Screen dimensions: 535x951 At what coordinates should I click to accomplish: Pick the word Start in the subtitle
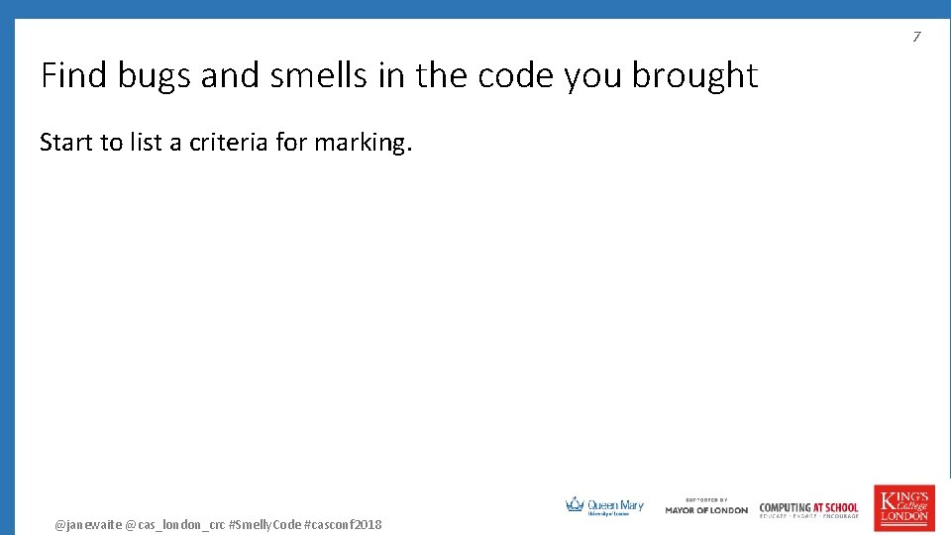click(64, 143)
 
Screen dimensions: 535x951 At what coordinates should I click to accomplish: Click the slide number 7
click(916, 37)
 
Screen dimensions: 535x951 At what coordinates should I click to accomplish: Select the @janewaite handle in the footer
click(87, 524)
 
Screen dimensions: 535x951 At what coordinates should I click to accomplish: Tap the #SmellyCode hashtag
click(264, 524)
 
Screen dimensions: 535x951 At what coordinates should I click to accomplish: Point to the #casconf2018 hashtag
click(342, 524)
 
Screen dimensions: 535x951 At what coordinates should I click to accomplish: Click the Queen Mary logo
click(604, 506)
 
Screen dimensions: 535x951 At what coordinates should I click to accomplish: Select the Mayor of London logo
click(706, 506)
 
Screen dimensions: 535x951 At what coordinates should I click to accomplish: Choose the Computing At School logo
click(808, 509)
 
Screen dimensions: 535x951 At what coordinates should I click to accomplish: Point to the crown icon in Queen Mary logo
click(575, 504)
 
